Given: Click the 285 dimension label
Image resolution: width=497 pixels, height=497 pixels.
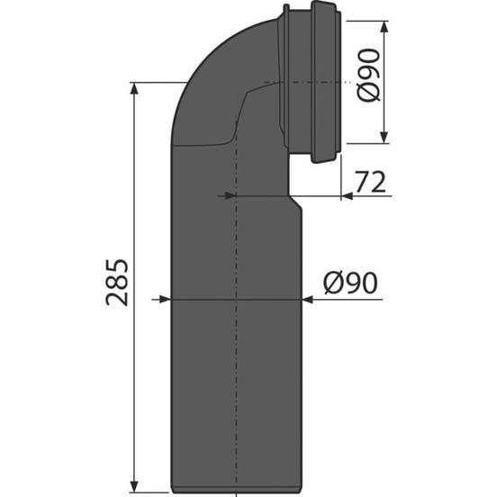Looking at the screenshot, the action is pos(117,283).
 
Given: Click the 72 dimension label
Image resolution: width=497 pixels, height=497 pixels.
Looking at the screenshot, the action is pos(370,182).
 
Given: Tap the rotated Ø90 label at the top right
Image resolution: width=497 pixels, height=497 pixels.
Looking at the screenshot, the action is pos(368,75).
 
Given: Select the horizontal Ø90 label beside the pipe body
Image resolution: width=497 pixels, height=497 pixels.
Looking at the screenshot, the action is pos(350,283).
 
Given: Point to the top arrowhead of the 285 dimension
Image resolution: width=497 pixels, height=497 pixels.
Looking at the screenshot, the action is pos(134,88).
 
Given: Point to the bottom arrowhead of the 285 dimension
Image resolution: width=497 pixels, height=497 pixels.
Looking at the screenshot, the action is pos(134,486).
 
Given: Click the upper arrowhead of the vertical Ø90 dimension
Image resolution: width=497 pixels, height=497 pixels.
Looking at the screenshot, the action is pos(384,27).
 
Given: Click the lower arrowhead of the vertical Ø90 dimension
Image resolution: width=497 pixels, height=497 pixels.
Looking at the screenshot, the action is pos(384,137).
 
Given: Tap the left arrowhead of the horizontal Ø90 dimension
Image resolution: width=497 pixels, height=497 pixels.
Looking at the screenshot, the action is pos(164,299).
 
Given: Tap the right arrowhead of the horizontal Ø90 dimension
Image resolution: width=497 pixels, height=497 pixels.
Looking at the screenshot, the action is pos(307,299).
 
